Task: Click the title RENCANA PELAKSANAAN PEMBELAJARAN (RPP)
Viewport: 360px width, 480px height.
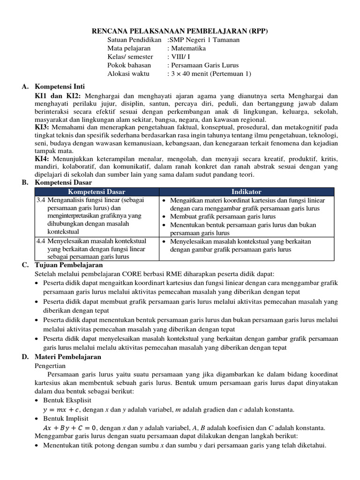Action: (180, 31)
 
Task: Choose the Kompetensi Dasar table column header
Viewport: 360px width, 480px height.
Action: (97, 192)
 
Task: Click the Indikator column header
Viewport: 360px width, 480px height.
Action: (247, 192)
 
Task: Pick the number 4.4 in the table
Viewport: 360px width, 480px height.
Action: (41, 241)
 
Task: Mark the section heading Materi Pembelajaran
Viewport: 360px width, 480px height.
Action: (65, 357)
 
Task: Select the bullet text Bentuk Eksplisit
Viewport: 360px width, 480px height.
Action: (66, 400)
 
